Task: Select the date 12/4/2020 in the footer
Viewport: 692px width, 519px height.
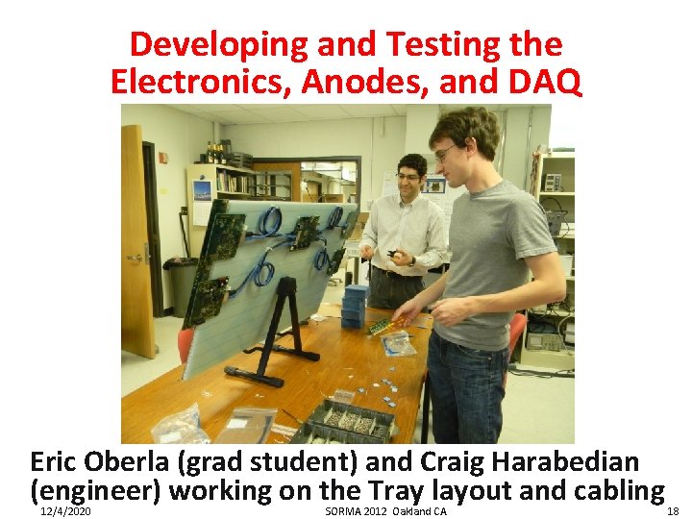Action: click(66, 511)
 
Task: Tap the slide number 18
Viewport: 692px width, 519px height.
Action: click(672, 511)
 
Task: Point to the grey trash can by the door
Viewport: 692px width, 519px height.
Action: click(178, 287)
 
